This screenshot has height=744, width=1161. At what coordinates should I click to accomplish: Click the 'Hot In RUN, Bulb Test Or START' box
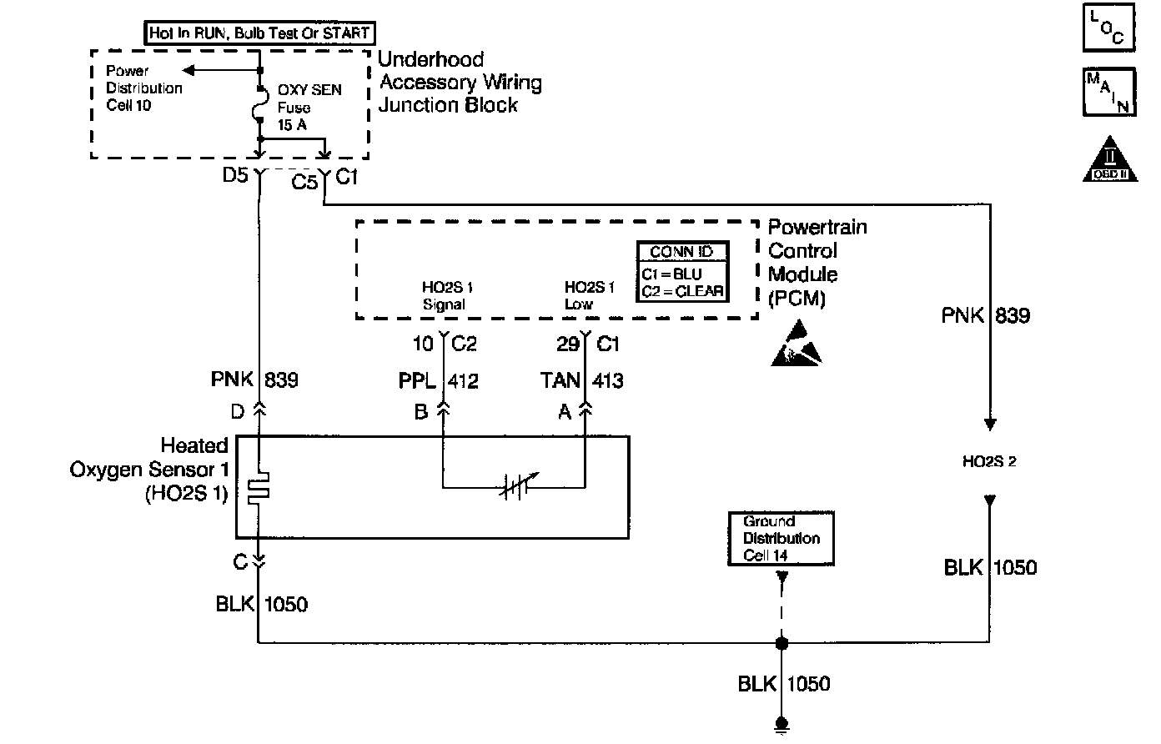pyautogui.click(x=259, y=33)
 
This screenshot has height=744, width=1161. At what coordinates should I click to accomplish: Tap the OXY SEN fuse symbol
pyautogui.click(x=260, y=106)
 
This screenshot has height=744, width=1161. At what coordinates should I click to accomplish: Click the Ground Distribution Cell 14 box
pyautogui.click(x=781, y=539)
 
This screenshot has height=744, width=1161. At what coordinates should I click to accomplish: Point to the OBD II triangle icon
pyautogui.click(x=1110, y=159)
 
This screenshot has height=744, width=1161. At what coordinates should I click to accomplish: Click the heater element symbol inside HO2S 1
pyautogui.click(x=260, y=489)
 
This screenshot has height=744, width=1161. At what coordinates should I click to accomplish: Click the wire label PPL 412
pyautogui.click(x=438, y=381)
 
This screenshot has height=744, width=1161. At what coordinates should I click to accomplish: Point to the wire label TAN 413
pyautogui.click(x=581, y=381)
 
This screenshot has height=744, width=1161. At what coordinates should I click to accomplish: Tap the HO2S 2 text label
pyautogui.click(x=989, y=461)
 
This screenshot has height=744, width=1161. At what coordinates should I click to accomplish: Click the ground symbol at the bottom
pyautogui.click(x=782, y=726)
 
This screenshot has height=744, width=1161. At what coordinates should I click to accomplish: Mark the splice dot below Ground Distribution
pyautogui.click(x=782, y=643)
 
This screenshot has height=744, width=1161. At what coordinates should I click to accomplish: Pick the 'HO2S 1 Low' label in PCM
pyautogui.click(x=589, y=296)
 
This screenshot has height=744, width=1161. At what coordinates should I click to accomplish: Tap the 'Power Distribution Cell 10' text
pyautogui.click(x=143, y=88)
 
